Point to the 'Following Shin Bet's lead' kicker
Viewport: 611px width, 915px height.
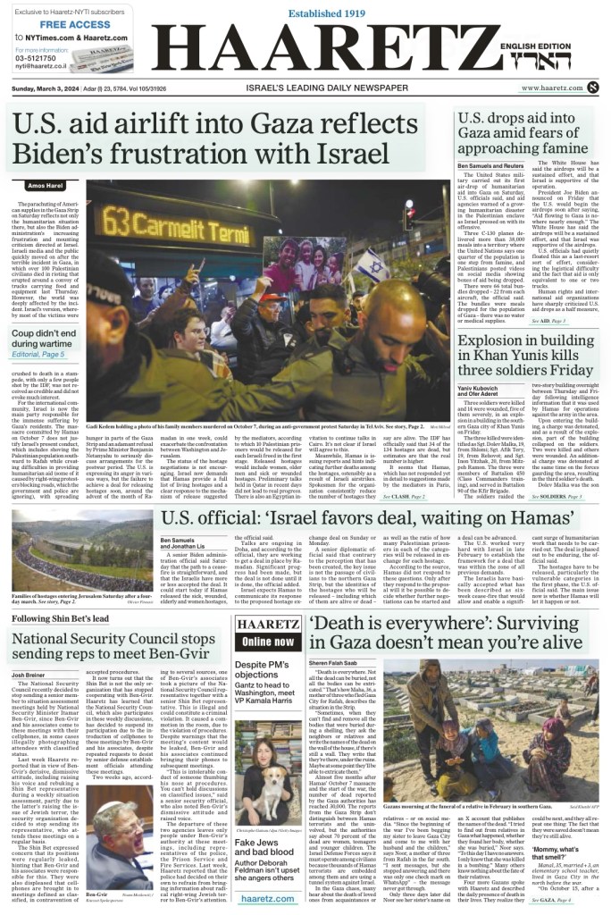coord(54,592)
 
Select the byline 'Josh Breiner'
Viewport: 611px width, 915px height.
coord(29,650)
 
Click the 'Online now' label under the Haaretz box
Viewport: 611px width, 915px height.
coord(267,642)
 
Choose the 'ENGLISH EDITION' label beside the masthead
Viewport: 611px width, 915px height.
coord(548,46)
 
